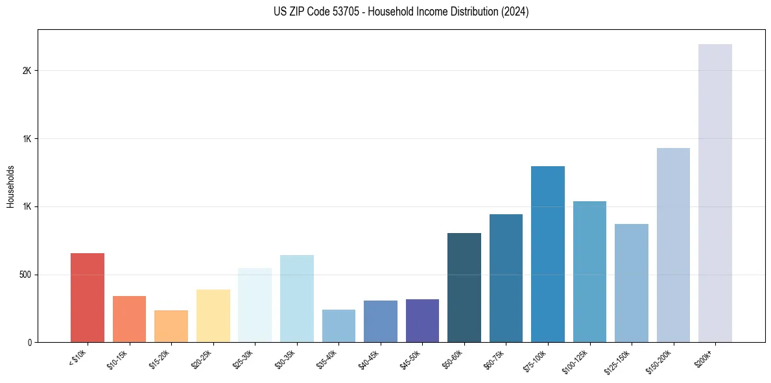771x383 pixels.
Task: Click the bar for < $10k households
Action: (x=88, y=297)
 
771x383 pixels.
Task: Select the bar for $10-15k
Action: (x=129, y=319)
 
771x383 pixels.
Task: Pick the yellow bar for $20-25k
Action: (x=213, y=315)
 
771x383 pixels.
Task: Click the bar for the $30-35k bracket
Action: (x=296, y=299)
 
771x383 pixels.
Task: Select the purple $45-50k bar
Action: (x=422, y=321)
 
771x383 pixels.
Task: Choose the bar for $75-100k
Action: (x=548, y=254)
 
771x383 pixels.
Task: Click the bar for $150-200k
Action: (x=673, y=245)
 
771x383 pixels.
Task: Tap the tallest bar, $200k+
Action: (x=715, y=193)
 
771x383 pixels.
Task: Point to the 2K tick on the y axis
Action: (x=27, y=71)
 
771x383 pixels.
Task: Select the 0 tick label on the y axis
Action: (x=30, y=343)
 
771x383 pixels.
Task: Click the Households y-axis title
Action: (x=10, y=186)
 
